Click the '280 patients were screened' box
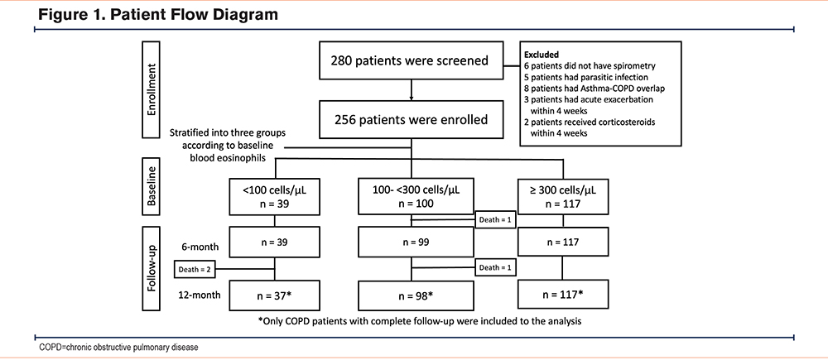410,60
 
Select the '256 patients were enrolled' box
410,120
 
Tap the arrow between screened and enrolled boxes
411,90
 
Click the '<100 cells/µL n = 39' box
275,195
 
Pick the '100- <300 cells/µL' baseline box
410,195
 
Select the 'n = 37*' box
275,295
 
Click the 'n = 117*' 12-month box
563,295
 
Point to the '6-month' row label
200,246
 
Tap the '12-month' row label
199,294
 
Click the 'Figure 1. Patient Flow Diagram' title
158,14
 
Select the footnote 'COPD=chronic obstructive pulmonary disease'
119,348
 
